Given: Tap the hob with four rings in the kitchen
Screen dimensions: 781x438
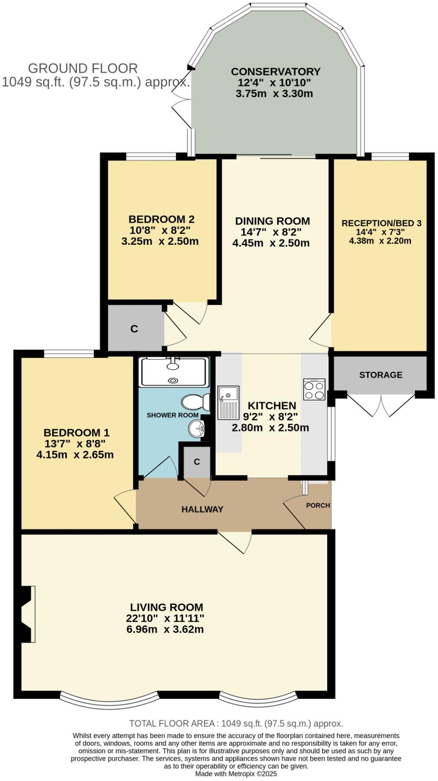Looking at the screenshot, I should [x=314, y=389].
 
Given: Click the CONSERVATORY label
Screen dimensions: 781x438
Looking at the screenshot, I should [x=275, y=72].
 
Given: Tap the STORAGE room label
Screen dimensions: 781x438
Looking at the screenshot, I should [x=381, y=374].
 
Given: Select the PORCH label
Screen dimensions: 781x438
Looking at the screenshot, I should [x=318, y=505].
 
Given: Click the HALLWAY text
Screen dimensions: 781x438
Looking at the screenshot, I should [x=202, y=509].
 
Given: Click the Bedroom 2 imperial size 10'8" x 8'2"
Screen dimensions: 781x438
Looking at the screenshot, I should [x=160, y=230].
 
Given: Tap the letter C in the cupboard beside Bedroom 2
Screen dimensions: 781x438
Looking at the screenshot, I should [x=134, y=329].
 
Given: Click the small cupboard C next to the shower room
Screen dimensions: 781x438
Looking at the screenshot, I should [x=197, y=462].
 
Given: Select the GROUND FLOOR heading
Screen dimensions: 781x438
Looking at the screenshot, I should [x=83, y=69].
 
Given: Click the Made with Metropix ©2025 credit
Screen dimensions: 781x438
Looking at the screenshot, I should [x=236, y=774].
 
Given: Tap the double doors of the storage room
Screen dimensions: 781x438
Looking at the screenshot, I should [x=381, y=405].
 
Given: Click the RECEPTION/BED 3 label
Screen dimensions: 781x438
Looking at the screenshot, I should [x=382, y=223].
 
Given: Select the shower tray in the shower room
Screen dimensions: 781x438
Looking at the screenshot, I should [x=173, y=372].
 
